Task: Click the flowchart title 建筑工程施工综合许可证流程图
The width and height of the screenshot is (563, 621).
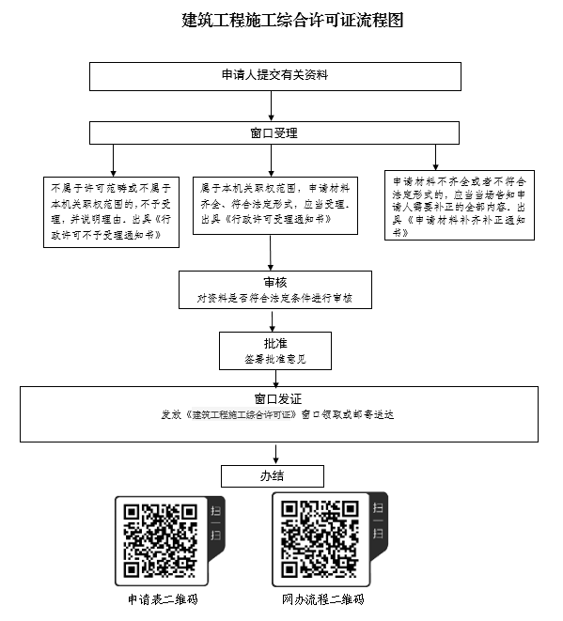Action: tap(292, 20)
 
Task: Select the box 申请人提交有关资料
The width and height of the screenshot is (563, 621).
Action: tap(275, 76)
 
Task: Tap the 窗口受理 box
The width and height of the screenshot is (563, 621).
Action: tap(274, 132)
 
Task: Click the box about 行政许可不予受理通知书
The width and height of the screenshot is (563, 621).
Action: tap(111, 212)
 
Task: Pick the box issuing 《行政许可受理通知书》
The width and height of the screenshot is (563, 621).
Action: tap(275, 206)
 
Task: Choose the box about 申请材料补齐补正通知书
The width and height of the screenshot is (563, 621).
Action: tap(460, 205)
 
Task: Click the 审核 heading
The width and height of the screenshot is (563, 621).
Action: tap(275, 283)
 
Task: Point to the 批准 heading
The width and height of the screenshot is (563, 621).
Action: tap(275, 343)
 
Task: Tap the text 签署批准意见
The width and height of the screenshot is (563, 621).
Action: tap(275, 359)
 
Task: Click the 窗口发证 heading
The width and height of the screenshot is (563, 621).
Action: tap(278, 399)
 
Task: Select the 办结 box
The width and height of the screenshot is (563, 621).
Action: tap(273, 476)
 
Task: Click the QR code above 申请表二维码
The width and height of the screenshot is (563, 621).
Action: tap(161, 540)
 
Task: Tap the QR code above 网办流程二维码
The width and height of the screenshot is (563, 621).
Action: tap(320, 539)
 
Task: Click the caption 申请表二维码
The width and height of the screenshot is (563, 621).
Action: tap(163, 599)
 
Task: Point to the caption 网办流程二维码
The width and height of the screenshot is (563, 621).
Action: tap(323, 599)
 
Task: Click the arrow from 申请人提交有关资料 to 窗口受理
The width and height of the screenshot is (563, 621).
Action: tap(272, 106)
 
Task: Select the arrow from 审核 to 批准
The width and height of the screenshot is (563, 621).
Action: tap(273, 320)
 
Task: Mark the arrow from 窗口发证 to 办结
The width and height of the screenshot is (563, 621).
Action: tap(275, 454)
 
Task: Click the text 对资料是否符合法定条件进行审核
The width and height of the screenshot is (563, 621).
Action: tap(274, 298)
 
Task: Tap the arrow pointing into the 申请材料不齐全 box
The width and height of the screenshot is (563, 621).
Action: tap(435, 158)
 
